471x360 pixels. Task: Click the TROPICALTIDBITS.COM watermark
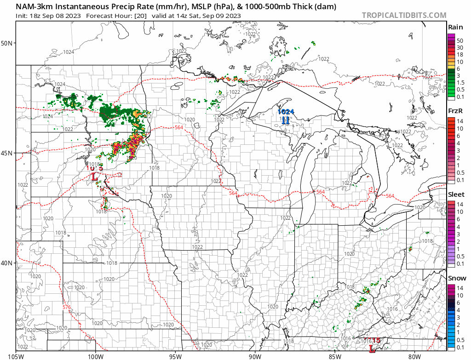(x=404, y=15)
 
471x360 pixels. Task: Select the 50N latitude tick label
(x=7, y=43)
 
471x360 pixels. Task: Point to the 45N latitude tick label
(x=7, y=153)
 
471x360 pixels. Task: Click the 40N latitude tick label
(x=7, y=263)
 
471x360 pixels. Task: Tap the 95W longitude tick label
(x=175, y=356)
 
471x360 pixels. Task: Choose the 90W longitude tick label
(x=255, y=356)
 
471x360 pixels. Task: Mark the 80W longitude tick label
(x=414, y=356)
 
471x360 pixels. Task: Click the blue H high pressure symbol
(x=286, y=120)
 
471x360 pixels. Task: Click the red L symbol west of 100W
(x=94, y=176)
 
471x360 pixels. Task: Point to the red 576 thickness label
(x=67, y=307)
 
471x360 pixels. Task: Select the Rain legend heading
(x=455, y=28)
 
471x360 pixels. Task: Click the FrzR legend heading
(x=455, y=111)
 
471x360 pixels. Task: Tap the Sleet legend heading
(x=456, y=194)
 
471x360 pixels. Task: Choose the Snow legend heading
(x=457, y=278)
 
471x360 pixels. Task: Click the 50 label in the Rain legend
(x=460, y=40)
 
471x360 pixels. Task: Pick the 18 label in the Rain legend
(x=460, y=54)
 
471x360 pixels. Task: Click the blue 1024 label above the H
(x=286, y=112)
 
